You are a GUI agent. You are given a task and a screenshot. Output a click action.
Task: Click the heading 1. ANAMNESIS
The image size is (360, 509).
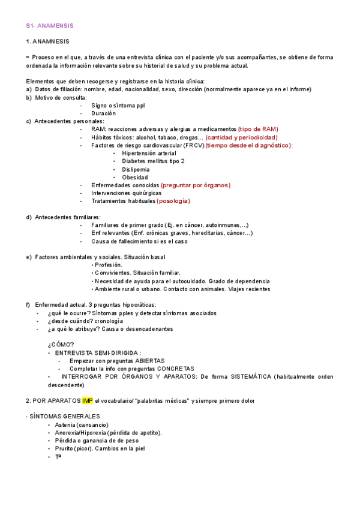(x=48, y=41)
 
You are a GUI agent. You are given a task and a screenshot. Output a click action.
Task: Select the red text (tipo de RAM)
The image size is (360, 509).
(x=258, y=129)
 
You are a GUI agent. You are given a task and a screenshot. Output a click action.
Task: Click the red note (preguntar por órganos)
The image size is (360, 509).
(x=196, y=185)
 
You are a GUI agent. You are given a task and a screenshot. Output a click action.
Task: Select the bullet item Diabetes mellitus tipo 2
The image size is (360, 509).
(x=153, y=161)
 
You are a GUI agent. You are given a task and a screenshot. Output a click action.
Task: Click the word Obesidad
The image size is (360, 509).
(x=135, y=178)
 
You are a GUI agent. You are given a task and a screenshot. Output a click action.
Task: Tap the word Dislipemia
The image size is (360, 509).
(x=137, y=170)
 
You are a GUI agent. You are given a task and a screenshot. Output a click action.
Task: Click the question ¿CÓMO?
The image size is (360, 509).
(x=61, y=345)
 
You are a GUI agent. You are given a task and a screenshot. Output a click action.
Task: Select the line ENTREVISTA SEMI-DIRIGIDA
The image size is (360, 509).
(x=98, y=354)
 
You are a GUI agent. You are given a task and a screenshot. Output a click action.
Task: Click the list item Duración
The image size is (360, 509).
(x=103, y=113)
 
